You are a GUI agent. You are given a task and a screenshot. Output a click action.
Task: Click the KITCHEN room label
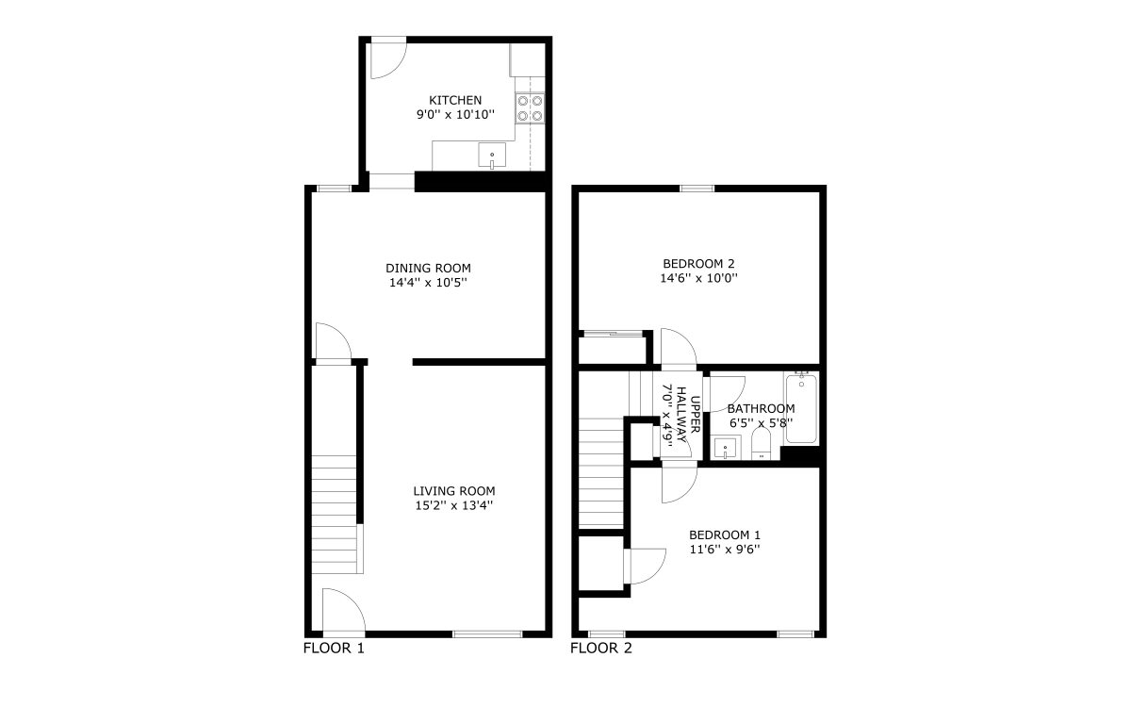click(455, 100)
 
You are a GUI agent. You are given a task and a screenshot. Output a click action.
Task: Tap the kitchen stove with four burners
click(530, 108)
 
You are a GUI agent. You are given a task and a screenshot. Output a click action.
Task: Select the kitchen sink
click(492, 155)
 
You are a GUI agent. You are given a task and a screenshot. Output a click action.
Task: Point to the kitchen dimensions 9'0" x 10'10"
click(455, 115)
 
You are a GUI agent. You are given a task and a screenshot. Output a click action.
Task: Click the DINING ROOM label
click(428, 268)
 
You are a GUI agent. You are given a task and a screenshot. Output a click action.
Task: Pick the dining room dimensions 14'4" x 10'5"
click(428, 282)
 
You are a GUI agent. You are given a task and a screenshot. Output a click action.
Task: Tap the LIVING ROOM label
click(454, 491)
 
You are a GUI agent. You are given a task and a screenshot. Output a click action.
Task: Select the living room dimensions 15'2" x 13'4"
click(454, 505)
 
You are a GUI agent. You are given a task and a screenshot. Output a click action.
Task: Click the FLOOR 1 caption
click(334, 648)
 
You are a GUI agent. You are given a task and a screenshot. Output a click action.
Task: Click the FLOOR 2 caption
click(601, 648)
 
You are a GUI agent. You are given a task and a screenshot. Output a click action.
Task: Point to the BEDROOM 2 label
click(698, 264)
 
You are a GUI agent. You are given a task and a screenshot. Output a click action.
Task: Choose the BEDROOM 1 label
click(725, 534)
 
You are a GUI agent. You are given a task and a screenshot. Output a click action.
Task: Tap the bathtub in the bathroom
click(801, 408)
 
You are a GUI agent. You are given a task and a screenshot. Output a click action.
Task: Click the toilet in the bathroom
click(761, 445)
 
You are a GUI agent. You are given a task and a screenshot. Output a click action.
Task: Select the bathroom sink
click(726, 448)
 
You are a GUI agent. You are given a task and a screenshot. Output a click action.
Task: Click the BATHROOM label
click(761, 408)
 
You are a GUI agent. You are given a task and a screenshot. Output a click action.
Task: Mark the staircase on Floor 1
click(335, 514)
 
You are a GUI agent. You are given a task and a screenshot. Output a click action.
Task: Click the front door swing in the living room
click(343, 610)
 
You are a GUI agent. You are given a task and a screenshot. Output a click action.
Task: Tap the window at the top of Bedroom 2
click(697, 189)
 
